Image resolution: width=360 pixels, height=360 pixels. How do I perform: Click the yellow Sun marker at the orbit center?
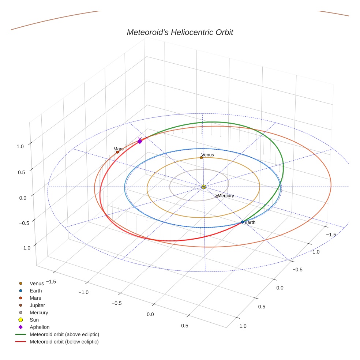(x=204, y=187)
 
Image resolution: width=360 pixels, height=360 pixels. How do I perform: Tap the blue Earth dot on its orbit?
(x=242, y=222)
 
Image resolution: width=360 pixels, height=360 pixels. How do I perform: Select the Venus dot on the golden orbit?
(x=201, y=158)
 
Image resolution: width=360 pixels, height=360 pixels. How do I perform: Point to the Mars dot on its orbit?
(x=117, y=152)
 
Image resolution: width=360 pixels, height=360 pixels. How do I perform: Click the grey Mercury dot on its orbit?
(x=217, y=196)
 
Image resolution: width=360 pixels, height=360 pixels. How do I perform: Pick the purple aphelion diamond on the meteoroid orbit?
(x=139, y=141)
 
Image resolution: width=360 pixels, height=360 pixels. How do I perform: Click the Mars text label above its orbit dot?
(x=119, y=149)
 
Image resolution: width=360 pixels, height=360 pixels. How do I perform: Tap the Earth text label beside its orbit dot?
(x=250, y=222)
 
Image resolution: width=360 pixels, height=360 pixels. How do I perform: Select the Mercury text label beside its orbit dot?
(x=226, y=196)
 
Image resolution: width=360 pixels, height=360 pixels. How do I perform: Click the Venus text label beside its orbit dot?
(x=208, y=155)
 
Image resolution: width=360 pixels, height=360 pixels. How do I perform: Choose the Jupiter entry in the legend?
(x=37, y=305)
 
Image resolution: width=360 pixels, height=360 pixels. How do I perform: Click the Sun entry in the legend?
(x=34, y=320)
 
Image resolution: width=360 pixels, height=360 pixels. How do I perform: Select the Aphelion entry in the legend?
(x=40, y=327)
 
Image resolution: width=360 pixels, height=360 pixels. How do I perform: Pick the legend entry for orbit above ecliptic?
(x=64, y=334)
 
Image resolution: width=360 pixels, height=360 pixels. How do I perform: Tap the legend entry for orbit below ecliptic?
(x=64, y=342)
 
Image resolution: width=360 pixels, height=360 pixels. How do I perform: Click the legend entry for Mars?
(x=35, y=298)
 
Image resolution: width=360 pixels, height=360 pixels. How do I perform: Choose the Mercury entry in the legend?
(x=39, y=312)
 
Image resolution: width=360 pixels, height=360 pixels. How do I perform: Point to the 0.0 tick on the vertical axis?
(x=23, y=198)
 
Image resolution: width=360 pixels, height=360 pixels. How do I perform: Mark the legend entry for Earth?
(x=36, y=290)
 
